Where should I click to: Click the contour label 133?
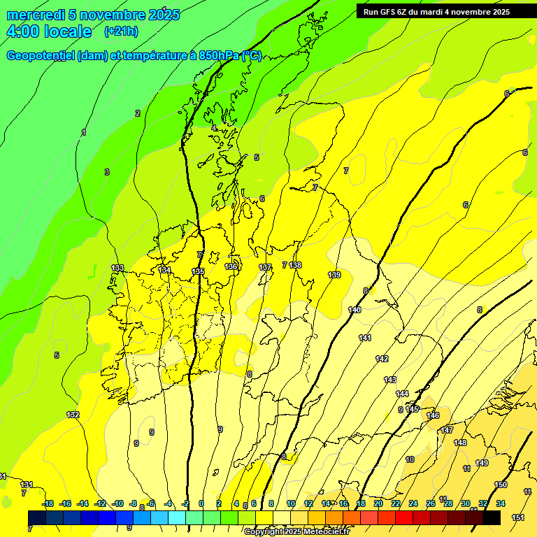click(x=117, y=268)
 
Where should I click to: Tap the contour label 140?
click(x=355, y=310)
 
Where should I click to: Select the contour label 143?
click(x=390, y=380)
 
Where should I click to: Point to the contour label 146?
click(x=433, y=415)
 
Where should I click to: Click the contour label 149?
click(x=482, y=463)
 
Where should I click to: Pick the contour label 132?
click(x=73, y=415)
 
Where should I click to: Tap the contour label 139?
click(x=334, y=275)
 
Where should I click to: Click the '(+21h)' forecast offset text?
click(x=120, y=31)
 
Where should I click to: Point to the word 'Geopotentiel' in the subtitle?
click(x=39, y=56)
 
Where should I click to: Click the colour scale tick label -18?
click(x=48, y=503)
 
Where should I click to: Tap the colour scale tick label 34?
click(x=501, y=503)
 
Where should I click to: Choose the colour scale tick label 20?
click(x=378, y=503)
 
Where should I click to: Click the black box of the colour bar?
click(x=492, y=517)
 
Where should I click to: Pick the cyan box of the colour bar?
click(x=177, y=517)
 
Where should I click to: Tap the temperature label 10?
click(x=410, y=459)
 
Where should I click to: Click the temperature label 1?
click(x=84, y=132)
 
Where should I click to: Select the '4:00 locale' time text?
click(x=49, y=31)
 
